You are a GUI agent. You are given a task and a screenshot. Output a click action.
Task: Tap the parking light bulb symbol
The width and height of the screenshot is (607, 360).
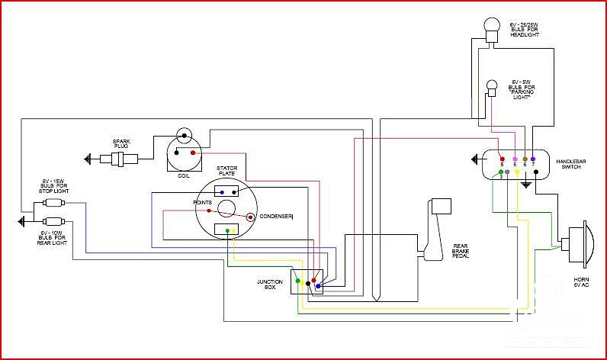coord(492,85)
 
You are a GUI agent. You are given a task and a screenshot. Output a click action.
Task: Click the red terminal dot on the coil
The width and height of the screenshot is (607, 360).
coord(192,153)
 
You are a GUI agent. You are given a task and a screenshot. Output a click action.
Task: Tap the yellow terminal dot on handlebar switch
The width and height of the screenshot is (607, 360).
coord(518,172)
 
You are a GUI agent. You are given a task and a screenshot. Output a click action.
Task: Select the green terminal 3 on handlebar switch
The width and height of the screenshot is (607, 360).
coord(501,172)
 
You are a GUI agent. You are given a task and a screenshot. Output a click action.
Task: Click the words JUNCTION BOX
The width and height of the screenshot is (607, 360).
coord(269,284)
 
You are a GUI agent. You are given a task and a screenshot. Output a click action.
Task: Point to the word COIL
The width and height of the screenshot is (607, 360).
coord(183,175)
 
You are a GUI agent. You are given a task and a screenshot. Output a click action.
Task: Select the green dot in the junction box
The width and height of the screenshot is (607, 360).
coord(297,282)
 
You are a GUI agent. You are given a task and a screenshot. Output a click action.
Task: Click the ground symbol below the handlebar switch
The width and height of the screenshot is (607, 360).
coord(525,184)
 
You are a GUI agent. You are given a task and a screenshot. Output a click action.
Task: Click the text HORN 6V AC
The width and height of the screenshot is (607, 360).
coord(581,283)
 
